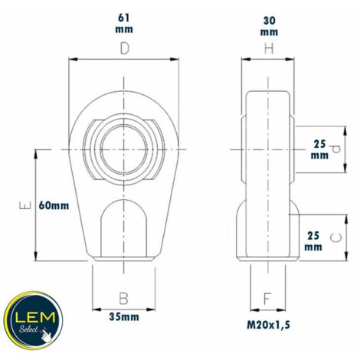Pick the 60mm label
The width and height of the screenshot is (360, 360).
click(54, 205)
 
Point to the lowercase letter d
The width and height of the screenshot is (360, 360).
click(333, 148)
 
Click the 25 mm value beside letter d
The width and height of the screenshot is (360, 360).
click(319, 148)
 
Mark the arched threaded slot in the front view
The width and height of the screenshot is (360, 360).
click(123, 226)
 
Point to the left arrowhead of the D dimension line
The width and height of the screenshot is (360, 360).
click(72, 59)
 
